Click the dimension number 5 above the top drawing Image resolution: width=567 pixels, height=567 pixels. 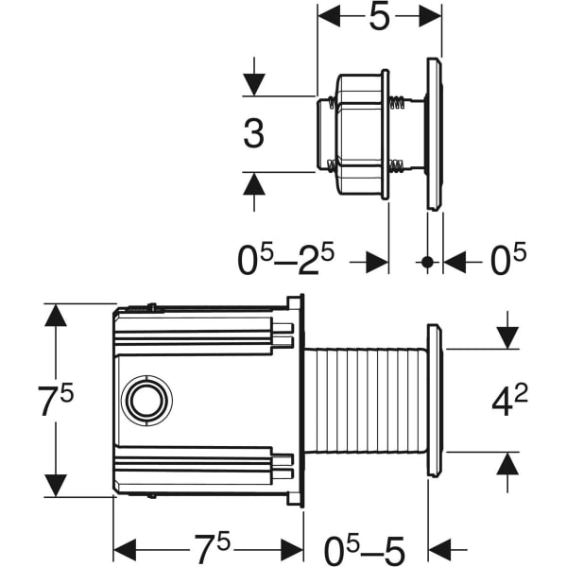[x=379, y=16]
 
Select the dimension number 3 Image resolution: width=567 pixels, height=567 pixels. [x=253, y=133]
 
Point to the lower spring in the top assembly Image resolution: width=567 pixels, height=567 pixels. [x=397, y=169]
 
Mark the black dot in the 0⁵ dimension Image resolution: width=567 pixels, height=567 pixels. [x=427, y=262]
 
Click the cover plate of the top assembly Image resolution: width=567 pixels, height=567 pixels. [x=434, y=133]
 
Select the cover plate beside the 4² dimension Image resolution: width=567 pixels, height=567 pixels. [x=434, y=400]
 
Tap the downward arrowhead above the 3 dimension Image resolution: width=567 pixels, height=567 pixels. [x=253, y=84]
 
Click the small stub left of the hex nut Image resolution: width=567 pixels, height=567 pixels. [x=322, y=133]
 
